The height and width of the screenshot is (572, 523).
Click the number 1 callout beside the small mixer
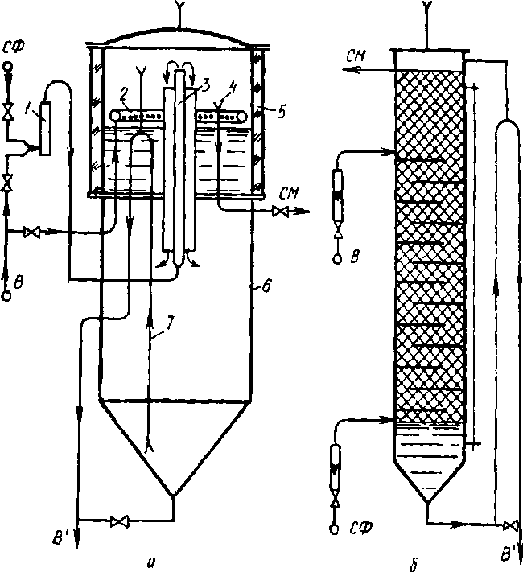[28, 109]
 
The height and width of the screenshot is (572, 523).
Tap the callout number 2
[124, 94]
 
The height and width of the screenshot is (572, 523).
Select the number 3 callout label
[206, 86]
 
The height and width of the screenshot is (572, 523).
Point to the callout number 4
[233, 88]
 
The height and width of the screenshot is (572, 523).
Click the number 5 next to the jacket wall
[282, 112]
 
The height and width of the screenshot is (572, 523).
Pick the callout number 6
[267, 286]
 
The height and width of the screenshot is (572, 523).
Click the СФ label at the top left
[14, 47]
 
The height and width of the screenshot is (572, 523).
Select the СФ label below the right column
[362, 527]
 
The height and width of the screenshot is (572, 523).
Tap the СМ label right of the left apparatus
[289, 194]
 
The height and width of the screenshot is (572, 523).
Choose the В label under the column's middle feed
[355, 257]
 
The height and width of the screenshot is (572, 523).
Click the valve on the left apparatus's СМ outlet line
[280, 212]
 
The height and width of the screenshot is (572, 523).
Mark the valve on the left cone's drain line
[120, 521]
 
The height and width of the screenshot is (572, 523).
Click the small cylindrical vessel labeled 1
[45, 128]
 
